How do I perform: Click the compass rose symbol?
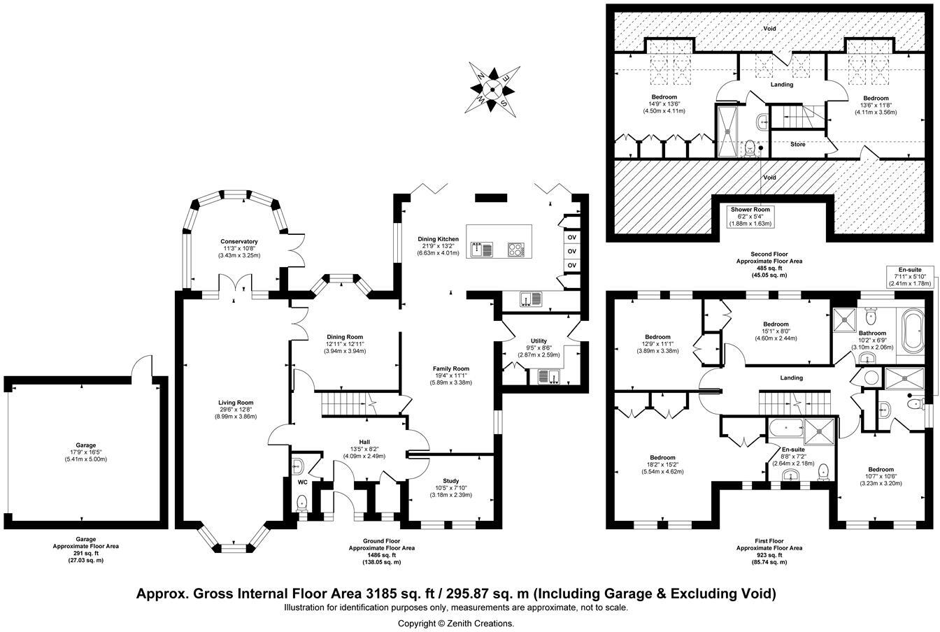pyautogui.click(x=492, y=89)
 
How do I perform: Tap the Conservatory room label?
pyautogui.click(x=238, y=242)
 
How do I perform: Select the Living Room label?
pyautogui.click(x=236, y=403)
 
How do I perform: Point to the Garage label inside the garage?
pyautogui.click(x=85, y=445)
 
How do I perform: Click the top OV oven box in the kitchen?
pyautogui.click(x=571, y=238)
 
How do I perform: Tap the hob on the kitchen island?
pyautogui.click(x=515, y=250)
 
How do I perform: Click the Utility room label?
pyautogui.click(x=539, y=341)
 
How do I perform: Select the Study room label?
pyautogui.click(x=450, y=480)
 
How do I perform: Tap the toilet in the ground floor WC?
pyautogui.click(x=301, y=503)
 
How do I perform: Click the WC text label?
pyautogui.click(x=303, y=482)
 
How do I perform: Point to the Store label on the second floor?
pyautogui.click(x=798, y=144)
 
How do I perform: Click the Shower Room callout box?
pyautogui.click(x=750, y=217)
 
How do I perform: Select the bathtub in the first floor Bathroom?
pyautogui.click(x=913, y=331)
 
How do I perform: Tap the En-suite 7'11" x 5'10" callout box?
pyautogui.click(x=910, y=277)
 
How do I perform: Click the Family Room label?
pyautogui.click(x=451, y=368)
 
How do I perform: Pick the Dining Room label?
pyautogui.click(x=345, y=337)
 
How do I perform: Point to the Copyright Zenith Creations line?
pyautogui.click(x=456, y=624)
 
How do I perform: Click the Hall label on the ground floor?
pyautogui.click(x=364, y=442)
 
